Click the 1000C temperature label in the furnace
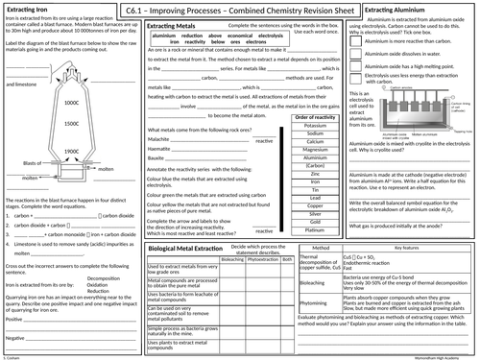click(72, 102)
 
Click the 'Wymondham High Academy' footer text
click(443, 355)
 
